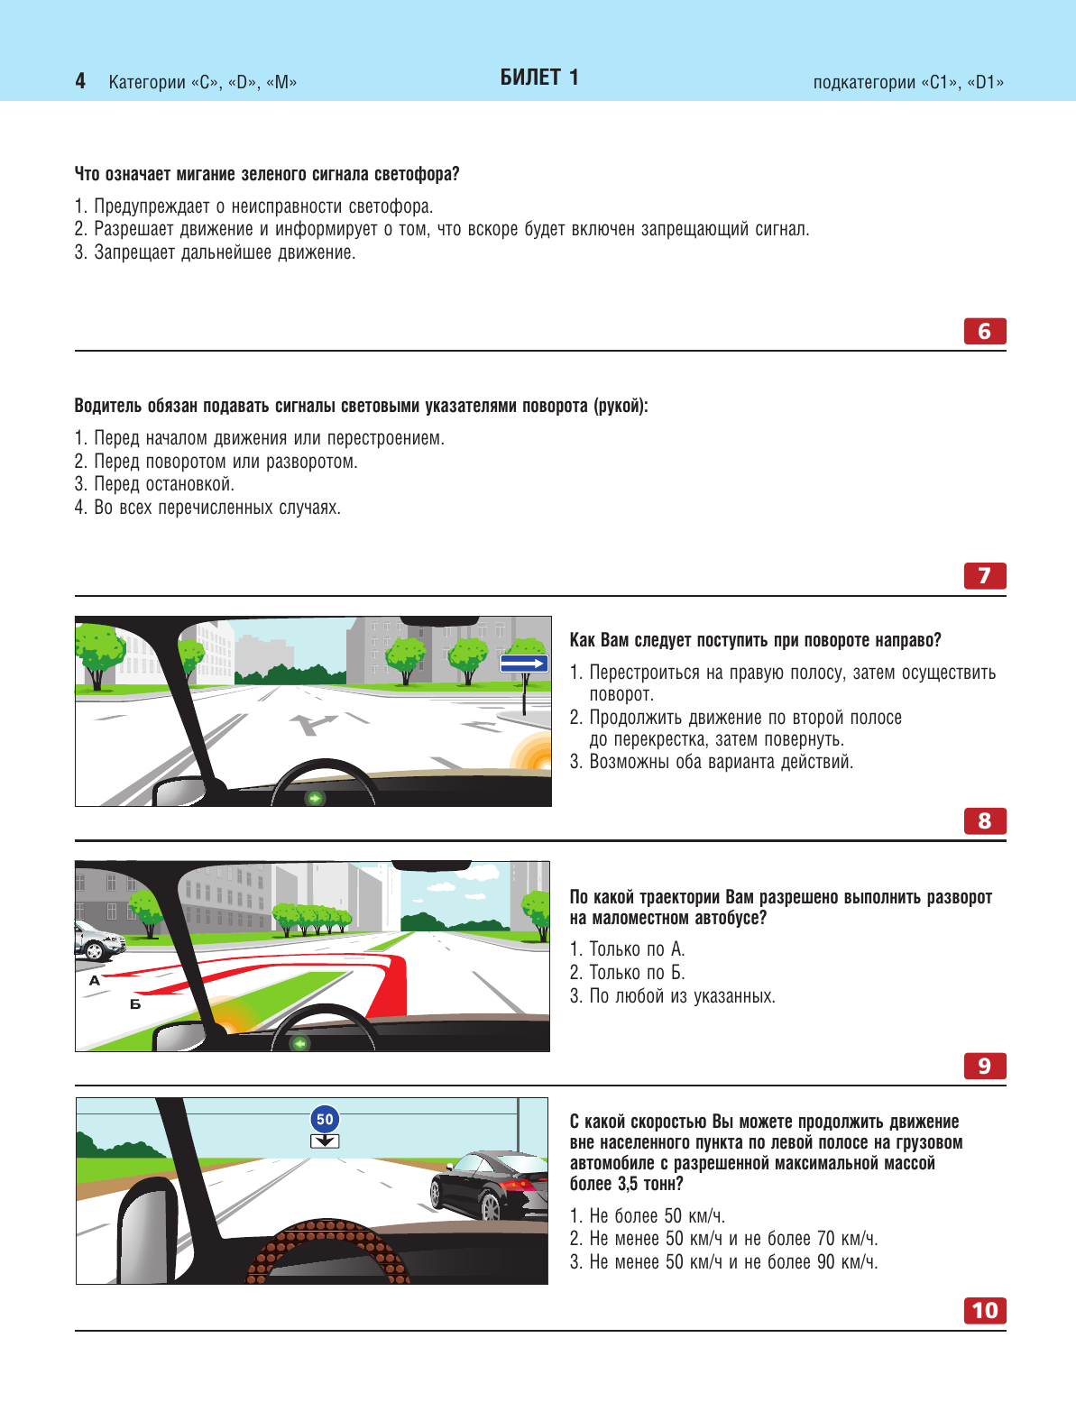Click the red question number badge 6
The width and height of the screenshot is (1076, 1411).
(984, 332)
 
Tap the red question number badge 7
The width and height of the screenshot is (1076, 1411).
(984, 576)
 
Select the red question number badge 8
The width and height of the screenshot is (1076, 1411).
(984, 821)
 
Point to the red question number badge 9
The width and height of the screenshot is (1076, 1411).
(984, 1067)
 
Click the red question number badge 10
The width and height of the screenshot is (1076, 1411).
(984, 1311)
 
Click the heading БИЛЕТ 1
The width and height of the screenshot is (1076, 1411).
(539, 78)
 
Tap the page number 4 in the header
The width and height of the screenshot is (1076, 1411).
(80, 82)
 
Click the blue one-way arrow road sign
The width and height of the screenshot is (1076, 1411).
(524, 664)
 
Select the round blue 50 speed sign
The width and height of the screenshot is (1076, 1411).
(325, 1120)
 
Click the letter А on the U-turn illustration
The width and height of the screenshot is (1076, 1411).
(95, 980)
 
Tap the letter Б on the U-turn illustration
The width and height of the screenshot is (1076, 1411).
(135, 1003)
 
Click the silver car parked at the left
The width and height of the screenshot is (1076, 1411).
(97, 941)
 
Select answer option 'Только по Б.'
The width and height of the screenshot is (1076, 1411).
(637, 973)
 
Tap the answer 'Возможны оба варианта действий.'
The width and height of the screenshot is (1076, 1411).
(721, 762)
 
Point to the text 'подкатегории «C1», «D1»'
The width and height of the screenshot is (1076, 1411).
(908, 83)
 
